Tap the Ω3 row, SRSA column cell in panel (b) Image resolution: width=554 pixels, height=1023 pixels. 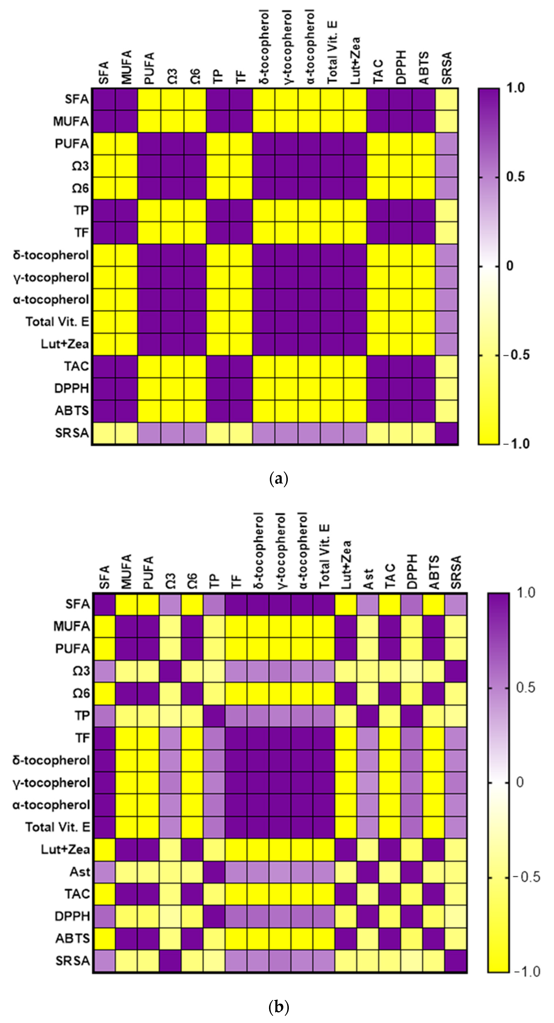click(456, 671)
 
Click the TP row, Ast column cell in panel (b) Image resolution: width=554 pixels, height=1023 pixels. click(368, 715)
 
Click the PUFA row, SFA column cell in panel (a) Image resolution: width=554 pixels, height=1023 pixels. click(104, 144)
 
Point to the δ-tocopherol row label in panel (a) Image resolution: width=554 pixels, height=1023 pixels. click(51, 255)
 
